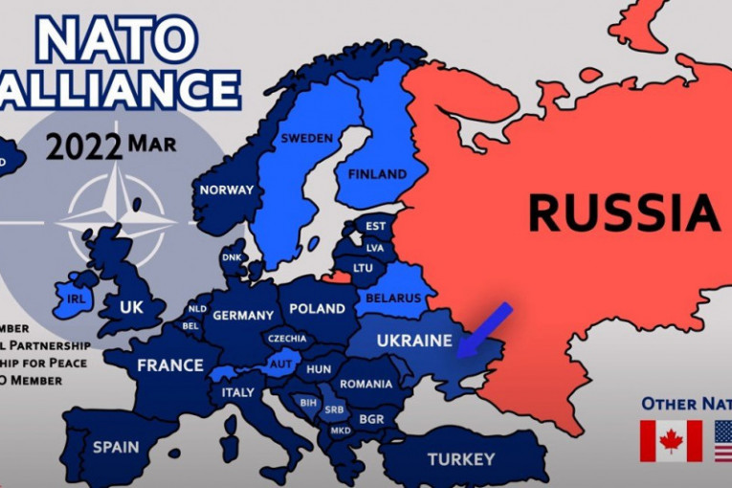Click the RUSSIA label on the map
click(x=623, y=212)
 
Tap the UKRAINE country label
click(x=412, y=341)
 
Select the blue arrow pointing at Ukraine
click(x=484, y=331)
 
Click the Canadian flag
click(x=671, y=442)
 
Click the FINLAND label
click(x=376, y=174)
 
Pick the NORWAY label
click(x=227, y=189)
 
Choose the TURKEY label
click(x=460, y=458)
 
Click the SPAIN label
click(x=116, y=447)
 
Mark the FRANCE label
click(x=170, y=365)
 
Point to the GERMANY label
click(x=244, y=315)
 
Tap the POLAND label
click(x=317, y=309)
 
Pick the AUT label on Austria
click(x=280, y=365)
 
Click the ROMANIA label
click(x=366, y=384)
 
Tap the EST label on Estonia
click(x=375, y=227)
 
